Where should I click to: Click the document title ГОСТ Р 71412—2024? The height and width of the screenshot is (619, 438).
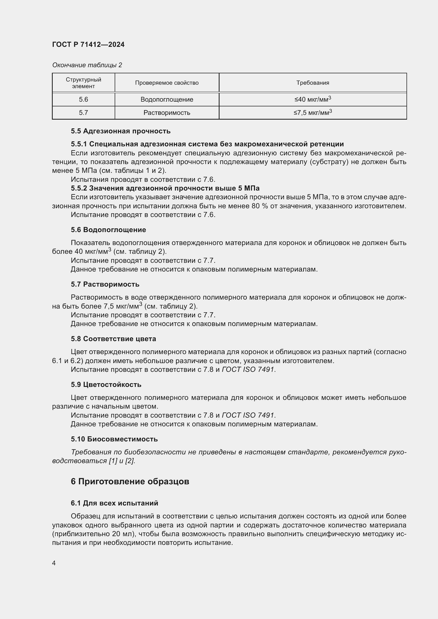(x=88, y=44)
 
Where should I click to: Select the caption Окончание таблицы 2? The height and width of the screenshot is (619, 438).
(x=87, y=65)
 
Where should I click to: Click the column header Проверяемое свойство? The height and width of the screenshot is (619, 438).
(x=167, y=83)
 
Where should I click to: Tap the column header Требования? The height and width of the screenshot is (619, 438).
(x=312, y=83)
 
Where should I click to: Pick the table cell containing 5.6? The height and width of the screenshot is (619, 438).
(x=83, y=100)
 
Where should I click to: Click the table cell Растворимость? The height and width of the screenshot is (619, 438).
(x=167, y=113)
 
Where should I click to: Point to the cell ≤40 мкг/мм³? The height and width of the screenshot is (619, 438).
(x=312, y=99)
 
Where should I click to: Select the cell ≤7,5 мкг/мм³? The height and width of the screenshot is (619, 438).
(x=312, y=112)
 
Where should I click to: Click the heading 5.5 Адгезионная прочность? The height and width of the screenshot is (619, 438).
(x=120, y=131)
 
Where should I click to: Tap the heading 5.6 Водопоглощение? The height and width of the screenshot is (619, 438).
(x=108, y=230)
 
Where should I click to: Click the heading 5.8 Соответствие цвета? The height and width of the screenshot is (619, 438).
(x=113, y=339)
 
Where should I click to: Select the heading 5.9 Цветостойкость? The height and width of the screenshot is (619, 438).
(x=106, y=385)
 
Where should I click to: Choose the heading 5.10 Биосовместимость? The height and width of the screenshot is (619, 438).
(x=114, y=439)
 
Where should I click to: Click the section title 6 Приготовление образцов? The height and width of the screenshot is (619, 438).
(x=130, y=481)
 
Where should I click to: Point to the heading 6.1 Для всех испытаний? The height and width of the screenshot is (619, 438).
(x=114, y=503)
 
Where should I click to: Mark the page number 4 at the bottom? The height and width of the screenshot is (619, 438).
(x=54, y=563)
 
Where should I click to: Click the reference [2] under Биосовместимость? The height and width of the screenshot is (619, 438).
(x=130, y=461)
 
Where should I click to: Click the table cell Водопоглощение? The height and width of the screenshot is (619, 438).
(x=167, y=100)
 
